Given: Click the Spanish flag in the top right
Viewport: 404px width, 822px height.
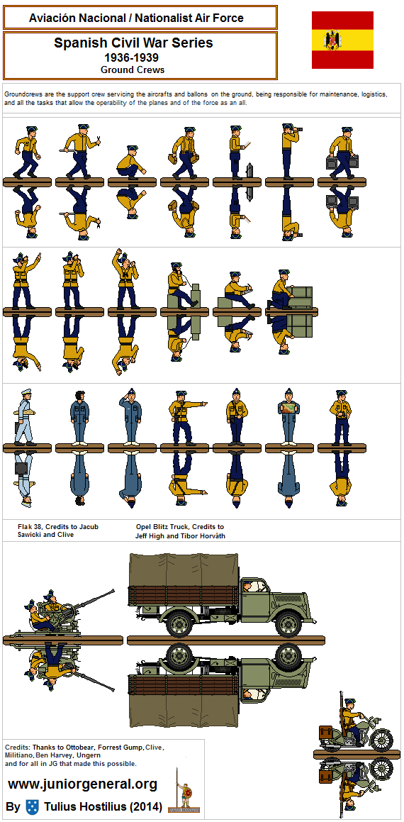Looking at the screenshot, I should click(342, 40).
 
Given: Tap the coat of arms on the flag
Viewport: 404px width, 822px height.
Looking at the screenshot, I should click(331, 40).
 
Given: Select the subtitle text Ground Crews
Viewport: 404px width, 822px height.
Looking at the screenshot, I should click(133, 70).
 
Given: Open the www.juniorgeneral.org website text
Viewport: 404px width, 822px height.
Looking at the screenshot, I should click(82, 784).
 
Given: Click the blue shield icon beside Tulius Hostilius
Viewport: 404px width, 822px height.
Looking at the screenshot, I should click(32, 806).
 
